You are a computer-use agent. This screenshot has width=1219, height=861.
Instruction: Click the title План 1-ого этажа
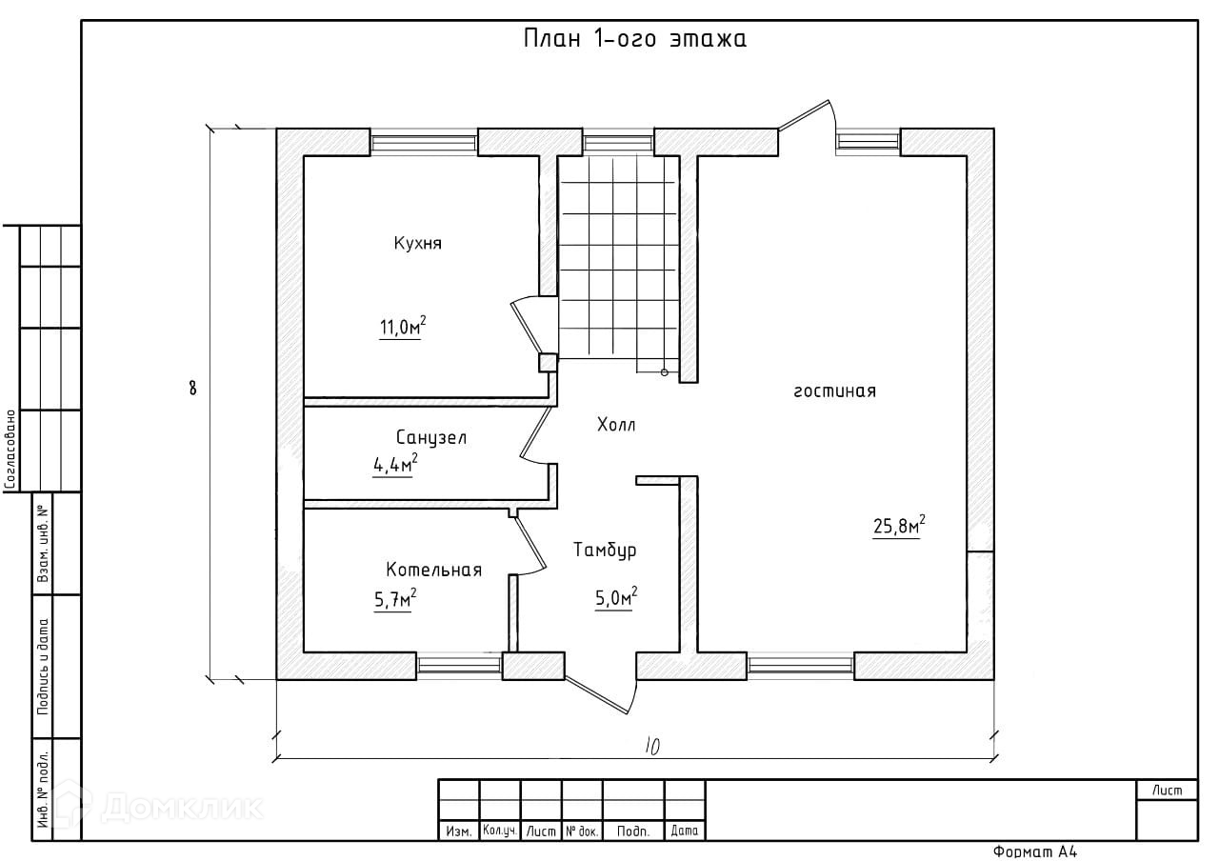tap(634, 40)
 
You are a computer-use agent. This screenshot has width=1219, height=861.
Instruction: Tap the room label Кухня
tap(417, 244)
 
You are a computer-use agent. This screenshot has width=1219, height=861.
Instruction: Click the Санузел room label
tap(430, 438)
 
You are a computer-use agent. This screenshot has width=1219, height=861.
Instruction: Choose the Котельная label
tap(433, 571)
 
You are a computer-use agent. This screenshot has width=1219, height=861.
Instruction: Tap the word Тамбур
tap(605, 551)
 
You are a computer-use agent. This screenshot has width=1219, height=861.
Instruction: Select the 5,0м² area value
tap(615, 598)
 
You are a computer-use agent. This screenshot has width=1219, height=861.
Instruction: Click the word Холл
tap(615, 426)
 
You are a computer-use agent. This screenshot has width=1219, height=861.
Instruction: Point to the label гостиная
tap(834, 391)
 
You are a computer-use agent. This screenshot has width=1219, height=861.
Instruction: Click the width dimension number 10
tap(651, 747)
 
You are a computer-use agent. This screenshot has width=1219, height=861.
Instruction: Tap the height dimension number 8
tap(193, 388)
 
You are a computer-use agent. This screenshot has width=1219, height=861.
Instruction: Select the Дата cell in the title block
tap(684, 831)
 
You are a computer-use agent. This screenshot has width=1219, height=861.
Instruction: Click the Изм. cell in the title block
tap(458, 831)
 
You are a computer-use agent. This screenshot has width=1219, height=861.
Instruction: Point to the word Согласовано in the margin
tap(10, 450)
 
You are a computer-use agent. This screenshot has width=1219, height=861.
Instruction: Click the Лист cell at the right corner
tap(1166, 791)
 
